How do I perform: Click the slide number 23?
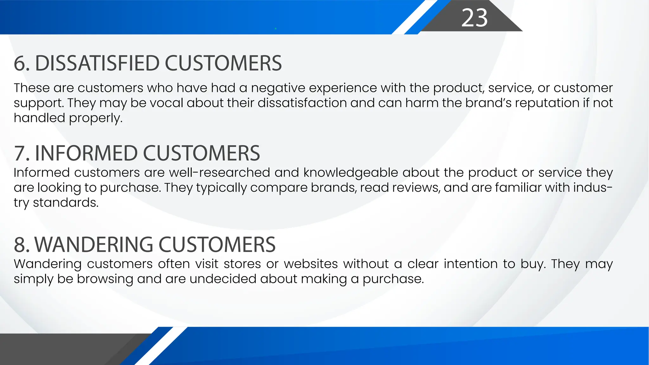(x=474, y=18)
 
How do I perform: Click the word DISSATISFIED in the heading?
(x=97, y=63)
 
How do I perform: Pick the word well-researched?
(x=220, y=173)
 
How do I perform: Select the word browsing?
(x=105, y=279)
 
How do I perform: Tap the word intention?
(x=470, y=264)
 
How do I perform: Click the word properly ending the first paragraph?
(x=95, y=118)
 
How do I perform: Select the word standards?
(x=66, y=203)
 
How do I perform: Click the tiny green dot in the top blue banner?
(x=276, y=29)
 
